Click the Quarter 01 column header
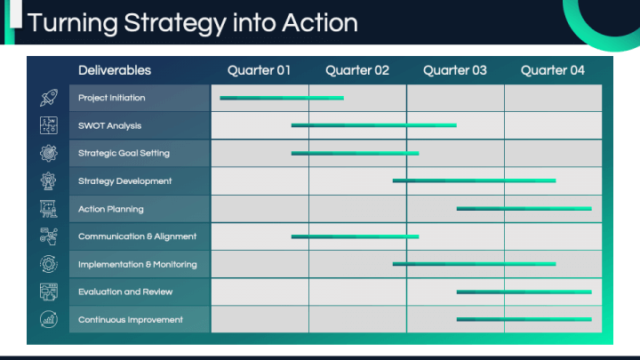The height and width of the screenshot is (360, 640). (259, 70)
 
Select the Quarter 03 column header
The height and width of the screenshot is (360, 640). (455, 70)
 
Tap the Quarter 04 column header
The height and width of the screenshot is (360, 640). (553, 70)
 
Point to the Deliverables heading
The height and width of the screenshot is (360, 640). (115, 70)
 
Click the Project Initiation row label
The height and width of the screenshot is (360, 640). (111, 98)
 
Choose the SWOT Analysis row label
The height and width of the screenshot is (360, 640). (110, 125)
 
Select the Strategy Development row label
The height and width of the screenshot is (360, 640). (125, 181)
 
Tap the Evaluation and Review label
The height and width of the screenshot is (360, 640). (125, 292)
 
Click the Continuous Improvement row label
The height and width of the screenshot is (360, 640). (131, 320)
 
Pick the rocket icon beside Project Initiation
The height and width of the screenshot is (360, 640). (49, 98)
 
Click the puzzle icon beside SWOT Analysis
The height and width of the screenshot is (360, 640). (49, 125)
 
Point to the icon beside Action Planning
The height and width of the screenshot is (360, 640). (49, 209)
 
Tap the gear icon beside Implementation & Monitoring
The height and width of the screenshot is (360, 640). (49, 264)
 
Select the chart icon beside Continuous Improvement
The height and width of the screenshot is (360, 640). (49, 320)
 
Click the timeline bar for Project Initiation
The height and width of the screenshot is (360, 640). (282, 98)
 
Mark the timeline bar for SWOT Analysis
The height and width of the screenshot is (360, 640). (374, 125)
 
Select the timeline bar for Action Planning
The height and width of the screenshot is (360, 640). (524, 209)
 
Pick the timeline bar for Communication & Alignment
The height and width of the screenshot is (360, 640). (355, 236)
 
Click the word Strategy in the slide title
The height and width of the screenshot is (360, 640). (175, 24)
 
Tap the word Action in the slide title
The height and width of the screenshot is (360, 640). (320, 22)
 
